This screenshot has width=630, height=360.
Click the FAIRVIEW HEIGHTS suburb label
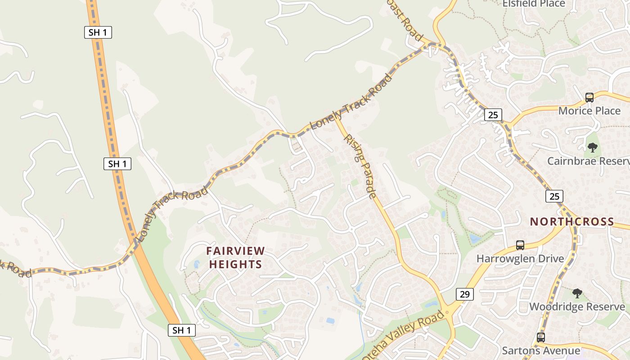tap(235, 257)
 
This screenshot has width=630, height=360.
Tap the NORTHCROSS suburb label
tap(571, 221)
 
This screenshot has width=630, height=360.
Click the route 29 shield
tap(465, 294)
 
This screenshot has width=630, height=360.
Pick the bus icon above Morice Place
tap(589, 97)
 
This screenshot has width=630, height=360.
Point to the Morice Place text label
tap(589, 111)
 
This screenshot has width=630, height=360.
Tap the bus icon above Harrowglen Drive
tap(520, 245)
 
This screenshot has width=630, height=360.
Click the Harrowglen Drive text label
tap(520, 259)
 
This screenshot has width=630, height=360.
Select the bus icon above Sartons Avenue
tap(540, 337)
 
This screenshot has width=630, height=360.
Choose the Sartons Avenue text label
tap(540, 351)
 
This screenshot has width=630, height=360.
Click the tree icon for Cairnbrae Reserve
tap(593, 147)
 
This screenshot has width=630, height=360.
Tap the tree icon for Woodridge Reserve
tap(577, 293)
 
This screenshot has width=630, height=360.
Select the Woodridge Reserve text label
tap(577, 307)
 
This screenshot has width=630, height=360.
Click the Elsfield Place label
tap(533, 4)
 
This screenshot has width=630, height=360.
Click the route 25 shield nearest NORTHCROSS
tap(554, 196)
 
